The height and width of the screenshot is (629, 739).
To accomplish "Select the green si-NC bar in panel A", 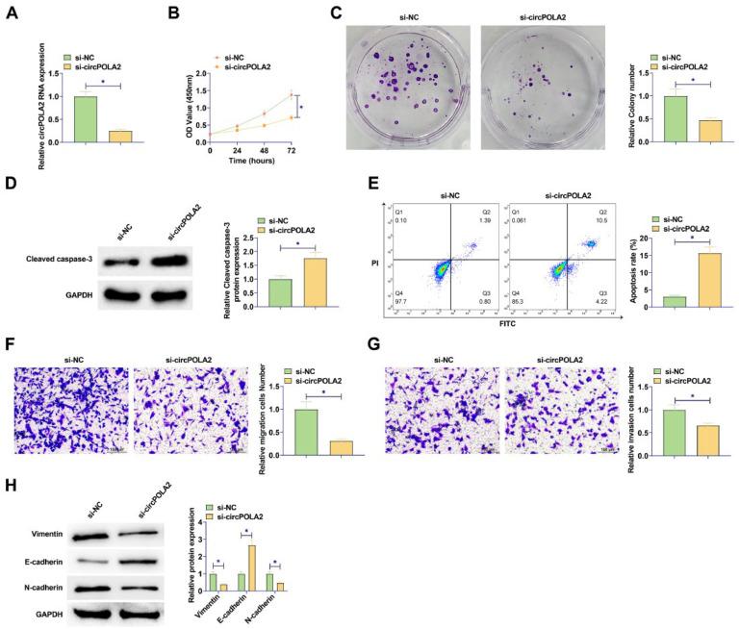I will coord(86,119).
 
